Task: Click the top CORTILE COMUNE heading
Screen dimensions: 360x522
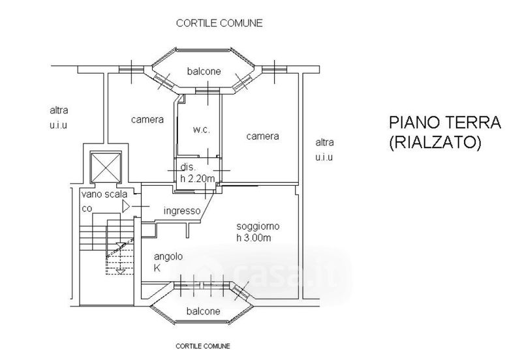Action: pyautogui.click(x=219, y=23)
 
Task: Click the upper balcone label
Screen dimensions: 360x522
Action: pyautogui.click(x=203, y=71)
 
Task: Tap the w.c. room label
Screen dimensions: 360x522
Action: pyautogui.click(x=201, y=130)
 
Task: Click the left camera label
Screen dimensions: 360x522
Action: pyautogui.click(x=147, y=119)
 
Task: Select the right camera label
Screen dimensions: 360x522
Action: pyautogui.click(x=262, y=136)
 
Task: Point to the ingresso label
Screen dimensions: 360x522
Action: pyautogui.click(x=182, y=210)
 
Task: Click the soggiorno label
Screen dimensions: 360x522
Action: pyautogui.click(x=258, y=226)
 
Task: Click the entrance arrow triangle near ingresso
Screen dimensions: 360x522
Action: pyautogui.click(x=125, y=207)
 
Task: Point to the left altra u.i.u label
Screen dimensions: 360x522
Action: pyautogui.click(x=59, y=117)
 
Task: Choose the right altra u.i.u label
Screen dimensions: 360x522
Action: pyautogui.click(x=324, y=150)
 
